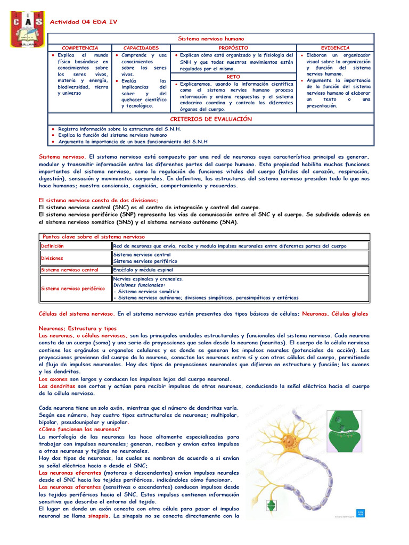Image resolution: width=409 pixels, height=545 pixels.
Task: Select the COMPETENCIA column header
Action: pyautogui.click(x=80, y=48)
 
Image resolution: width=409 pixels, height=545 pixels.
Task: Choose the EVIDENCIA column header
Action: pyautogui.click(x=336, y=48)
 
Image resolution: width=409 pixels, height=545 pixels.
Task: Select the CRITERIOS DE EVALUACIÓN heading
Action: pyautogui.click(x=210, y=119)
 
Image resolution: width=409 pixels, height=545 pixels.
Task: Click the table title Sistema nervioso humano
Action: pyautogui.click(x=211, y=39)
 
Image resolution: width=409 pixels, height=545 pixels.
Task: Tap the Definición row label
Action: pyautogui.click(x=53, y=246)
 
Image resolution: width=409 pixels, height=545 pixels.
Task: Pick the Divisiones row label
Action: pyautogui.click(x=52, y=258)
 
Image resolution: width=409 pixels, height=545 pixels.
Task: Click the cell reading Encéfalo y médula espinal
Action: pyautogui.click(x=143, y=270)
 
